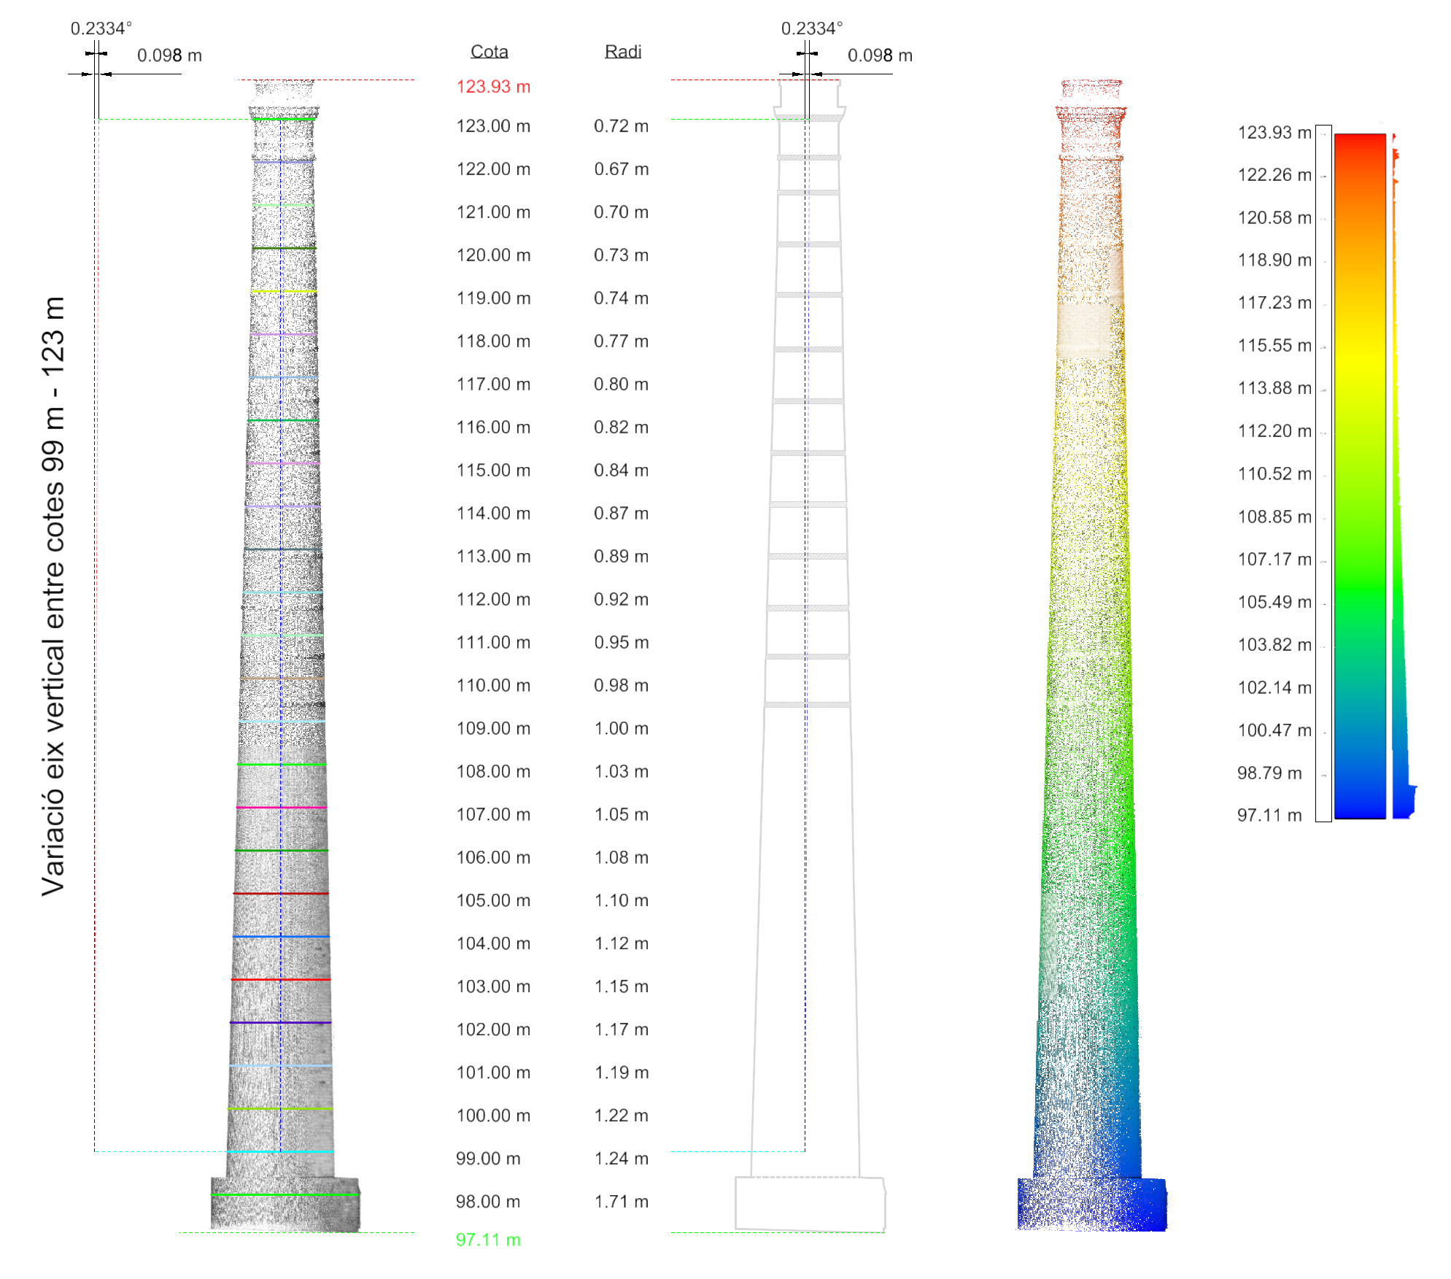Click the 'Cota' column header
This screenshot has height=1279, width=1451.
(489, 51)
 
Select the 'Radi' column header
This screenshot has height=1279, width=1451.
(623, 51)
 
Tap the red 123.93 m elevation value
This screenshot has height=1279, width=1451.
(493, 86)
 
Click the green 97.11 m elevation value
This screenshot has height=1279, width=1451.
(488, 1240)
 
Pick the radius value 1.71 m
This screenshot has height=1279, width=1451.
(622, 1202)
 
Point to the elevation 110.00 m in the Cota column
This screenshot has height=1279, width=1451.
(493, 685)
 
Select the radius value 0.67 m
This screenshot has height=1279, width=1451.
(622, 169)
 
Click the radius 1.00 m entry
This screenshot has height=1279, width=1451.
(622, 728)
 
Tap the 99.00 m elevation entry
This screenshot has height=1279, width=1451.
(488, 1159)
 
